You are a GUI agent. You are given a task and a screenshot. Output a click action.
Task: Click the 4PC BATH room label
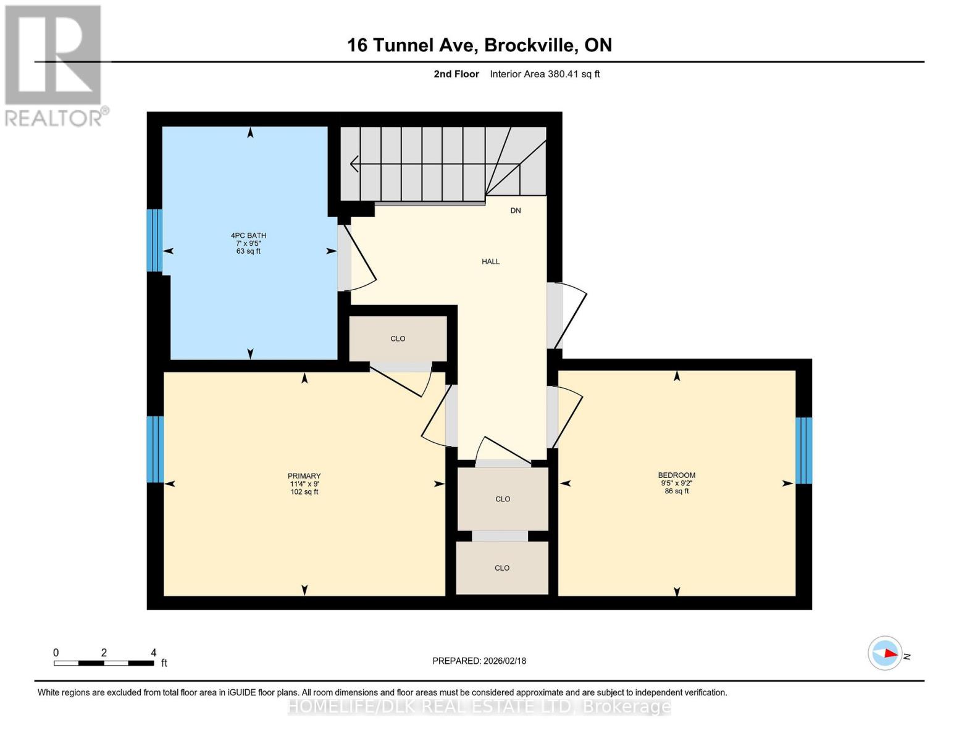pyautogui.click(x=248, y=235)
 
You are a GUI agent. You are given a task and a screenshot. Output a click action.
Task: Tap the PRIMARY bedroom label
pyautogui.click(x=304, y=476)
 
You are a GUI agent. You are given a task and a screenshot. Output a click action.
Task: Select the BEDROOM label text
pyautogui.click(x=676, y=475)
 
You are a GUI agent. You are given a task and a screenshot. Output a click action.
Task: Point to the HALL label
pyautogui.click(x=490, y=262)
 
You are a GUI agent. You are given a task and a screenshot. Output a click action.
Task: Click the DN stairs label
pyautogui.click(x=515, y=211)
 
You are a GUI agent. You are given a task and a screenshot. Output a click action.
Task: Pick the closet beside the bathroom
pyautogui.click(x=398, y=338)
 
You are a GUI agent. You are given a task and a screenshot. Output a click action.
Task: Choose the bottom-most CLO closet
pyautogui.click(x=502, y=568)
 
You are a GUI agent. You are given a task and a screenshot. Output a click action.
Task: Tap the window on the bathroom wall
pyautogui.click(x=154, y=240)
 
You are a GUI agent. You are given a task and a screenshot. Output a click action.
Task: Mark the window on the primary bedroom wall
pyautogui.click(x=155, y=449)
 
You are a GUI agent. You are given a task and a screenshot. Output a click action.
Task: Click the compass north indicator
pyautogui.click(x=886, y=653)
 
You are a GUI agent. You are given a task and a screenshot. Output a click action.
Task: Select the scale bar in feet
pyautogui.click(x=104, y=663)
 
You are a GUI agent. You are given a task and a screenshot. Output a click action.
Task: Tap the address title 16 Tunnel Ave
pyautogui.click(x=479, y=45)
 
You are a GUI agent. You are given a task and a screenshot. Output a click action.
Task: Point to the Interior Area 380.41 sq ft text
pyautogui.click(x=545, y=74)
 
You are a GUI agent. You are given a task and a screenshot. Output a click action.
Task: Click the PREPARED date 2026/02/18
pyautogui.click(x=479, y=661)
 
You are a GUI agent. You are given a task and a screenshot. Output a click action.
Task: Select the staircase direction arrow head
pyautogui.click(x=354, y=164)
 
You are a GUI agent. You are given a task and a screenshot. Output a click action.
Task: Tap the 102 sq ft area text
pyautogui.click(x=304, y=492)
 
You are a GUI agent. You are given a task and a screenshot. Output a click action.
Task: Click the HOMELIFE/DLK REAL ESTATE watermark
pyautogui.click(x=479, y=706)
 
